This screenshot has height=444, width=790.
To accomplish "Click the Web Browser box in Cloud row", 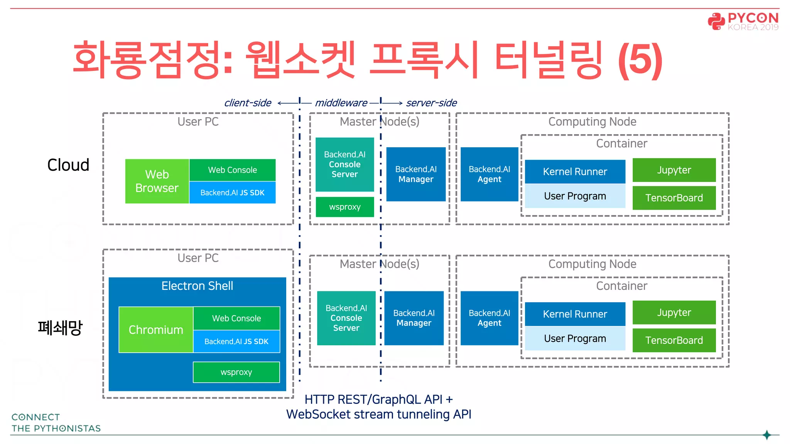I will [x=157, y=181].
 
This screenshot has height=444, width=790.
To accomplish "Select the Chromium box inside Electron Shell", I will [x=156, y=330].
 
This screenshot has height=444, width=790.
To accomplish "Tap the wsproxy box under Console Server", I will [x=344, y=207].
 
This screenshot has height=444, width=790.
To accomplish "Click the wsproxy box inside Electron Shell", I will [x=236, y=372].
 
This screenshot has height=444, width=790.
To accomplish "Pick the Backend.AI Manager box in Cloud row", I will [x=416, y=174].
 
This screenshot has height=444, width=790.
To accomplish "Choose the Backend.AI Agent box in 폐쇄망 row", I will [x=489, y=318].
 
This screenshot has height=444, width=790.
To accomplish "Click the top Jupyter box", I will [x=674, y=170].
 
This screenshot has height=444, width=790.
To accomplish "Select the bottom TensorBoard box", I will [x=674, y=340].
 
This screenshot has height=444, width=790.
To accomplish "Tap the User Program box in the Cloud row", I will [x=575, y=196].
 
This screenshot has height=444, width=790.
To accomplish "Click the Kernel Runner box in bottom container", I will [x=575, y=314].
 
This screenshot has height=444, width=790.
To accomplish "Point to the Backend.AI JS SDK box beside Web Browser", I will [x=232, y=192].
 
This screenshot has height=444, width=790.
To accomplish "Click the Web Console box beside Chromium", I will [x=236, y=318].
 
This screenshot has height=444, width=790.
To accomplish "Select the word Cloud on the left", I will [x=68, y=165].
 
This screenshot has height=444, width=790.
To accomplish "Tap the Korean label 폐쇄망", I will [x=60, y=328].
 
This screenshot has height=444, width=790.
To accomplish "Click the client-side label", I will [x=248, y=103].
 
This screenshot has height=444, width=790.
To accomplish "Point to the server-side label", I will [x=431, y=103].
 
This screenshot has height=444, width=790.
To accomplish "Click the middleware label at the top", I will [x=341, y=103].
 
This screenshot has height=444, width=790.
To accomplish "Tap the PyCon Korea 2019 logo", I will [x=743, y=21].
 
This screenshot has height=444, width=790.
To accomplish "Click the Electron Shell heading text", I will [x=197, y=286].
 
